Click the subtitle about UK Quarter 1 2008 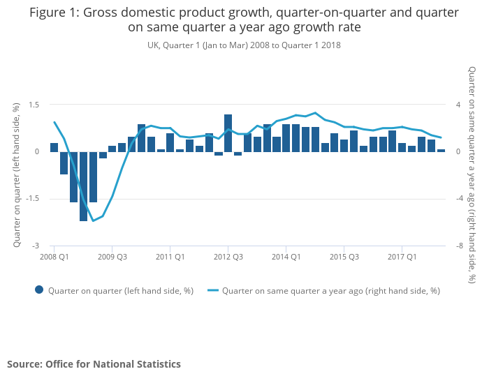click(x=244, y=45)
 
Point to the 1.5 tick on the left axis click(x=32, y=105)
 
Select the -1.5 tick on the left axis click(x=31, y=199)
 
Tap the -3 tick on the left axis click(x=34, y=246)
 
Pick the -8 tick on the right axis click(x=459, y=246)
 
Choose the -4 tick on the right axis click(x=459, y=199)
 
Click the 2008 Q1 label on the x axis click(x=54, y=257)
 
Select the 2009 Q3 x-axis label click(x=112, y=257)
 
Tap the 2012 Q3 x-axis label click(x=228, y=257)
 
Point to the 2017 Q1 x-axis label click(x=402, y=257)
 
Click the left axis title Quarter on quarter click(x=16, y=174)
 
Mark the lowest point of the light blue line click(x=93, y=221)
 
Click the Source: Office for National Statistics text click(x=94, y=364)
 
